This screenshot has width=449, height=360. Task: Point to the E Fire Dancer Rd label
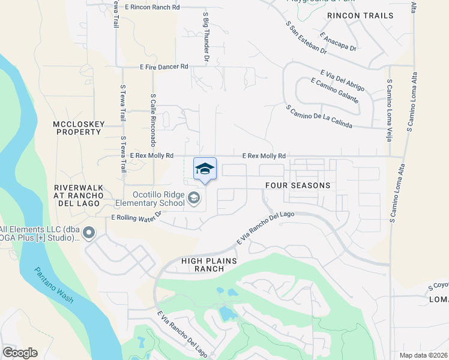coord(164,67)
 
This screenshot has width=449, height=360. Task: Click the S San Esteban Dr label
coord(306,38)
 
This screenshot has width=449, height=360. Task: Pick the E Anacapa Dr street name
coord(339,41)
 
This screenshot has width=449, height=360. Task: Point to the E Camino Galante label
coord(335,91)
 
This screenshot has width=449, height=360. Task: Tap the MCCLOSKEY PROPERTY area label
coord(79,128)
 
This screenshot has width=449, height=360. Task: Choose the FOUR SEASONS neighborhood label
coord(298,185)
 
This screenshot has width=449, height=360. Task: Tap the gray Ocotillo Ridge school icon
coord(194,197)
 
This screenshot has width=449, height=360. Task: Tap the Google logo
coord(20,353)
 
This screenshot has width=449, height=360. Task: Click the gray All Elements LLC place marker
coord(89,232)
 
